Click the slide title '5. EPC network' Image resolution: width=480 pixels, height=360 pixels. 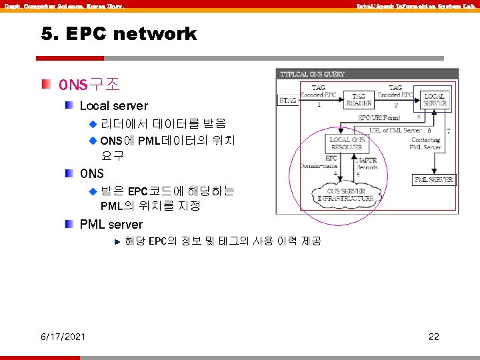tap(119, 34)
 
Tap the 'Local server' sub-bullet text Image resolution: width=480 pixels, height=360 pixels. tap(113, 105)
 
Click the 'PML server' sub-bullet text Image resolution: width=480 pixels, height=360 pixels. tap(111, 224)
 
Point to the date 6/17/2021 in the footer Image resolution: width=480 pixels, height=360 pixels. tap(63, 337)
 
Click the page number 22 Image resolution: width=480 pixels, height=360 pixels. tap(433, 337)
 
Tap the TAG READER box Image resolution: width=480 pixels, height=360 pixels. tap(359, 100)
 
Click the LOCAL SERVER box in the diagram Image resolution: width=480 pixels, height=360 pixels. tap(435, 100)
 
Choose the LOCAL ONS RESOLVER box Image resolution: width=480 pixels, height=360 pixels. tap(349, 143)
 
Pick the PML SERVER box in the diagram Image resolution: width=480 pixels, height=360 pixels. tap(434, 179)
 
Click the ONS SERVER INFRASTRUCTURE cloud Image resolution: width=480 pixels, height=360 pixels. tap(345, 195)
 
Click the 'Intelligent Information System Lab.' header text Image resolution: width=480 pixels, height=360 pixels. tap(416, 6)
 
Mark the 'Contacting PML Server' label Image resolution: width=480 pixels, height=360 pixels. tap(425, 143)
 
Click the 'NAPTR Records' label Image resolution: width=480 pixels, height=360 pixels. tap(367, 163)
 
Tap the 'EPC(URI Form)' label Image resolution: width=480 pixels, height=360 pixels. tap(379, 117)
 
